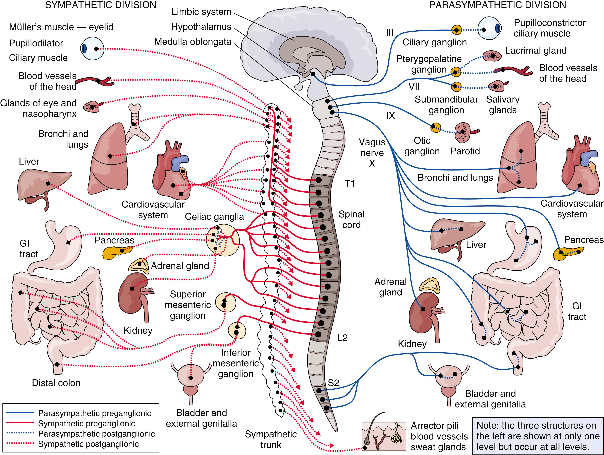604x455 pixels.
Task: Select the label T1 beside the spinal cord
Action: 350,183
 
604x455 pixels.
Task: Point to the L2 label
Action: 342,338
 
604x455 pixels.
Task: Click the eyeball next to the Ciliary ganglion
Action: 489,29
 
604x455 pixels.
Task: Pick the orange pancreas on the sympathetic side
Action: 116,252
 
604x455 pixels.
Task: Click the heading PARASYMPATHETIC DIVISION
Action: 498,5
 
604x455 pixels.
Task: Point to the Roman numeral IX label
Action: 390,116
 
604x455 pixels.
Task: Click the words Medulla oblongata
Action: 193,42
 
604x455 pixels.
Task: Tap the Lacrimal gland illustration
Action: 492,56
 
